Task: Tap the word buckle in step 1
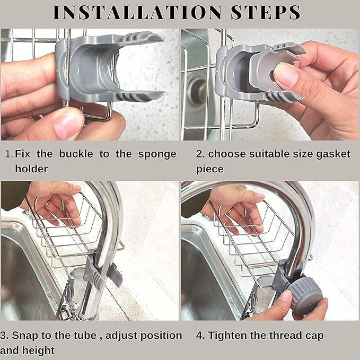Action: pos(76,154)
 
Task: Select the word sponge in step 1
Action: pos(156,154)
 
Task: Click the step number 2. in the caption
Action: pos(200,154)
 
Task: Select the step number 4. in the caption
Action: pos(200,335)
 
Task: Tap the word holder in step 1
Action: pos(31,169)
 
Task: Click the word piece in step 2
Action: pos(209,169)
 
